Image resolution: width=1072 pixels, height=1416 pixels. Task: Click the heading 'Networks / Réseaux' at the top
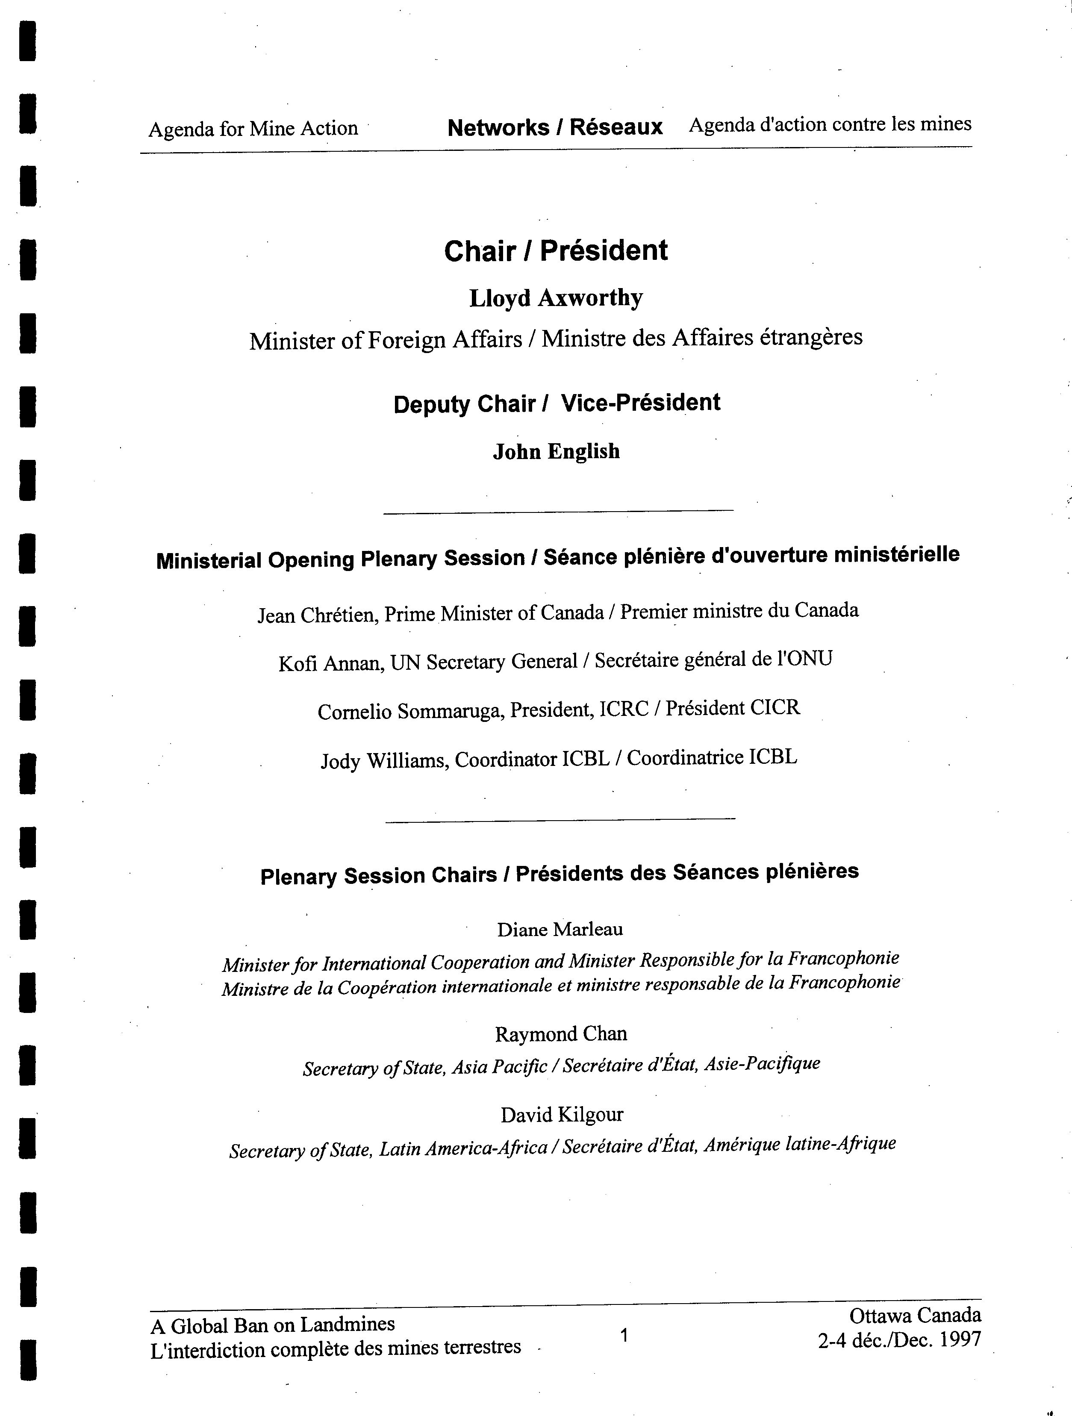(555, 127)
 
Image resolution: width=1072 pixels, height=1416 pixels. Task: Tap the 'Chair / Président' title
(556, 251)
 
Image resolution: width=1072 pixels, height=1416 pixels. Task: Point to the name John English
(556, 452)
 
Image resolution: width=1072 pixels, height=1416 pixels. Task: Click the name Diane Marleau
(560, 930)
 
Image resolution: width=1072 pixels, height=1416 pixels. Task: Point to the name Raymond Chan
(561, 1034)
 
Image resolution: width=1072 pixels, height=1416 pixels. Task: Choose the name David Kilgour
(561, 1115)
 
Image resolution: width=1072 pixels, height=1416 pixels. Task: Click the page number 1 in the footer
(624, 1335)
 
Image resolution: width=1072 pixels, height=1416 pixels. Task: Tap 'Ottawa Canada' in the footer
(915, 1316)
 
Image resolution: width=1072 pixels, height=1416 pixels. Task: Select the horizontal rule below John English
(558, 511)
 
